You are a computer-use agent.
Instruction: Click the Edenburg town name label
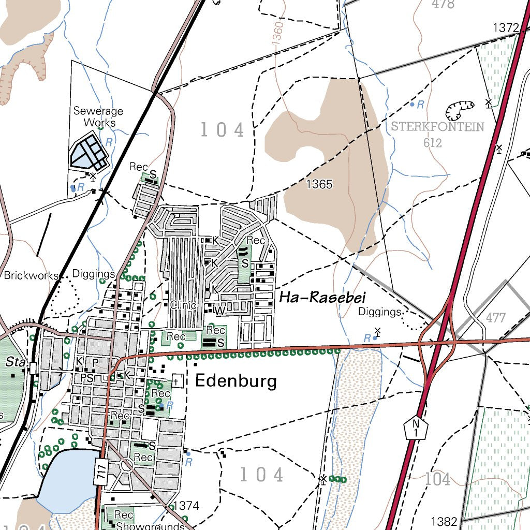[235, 382]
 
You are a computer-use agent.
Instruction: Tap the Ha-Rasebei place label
[322, 297]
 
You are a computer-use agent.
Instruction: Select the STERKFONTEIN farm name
[437, 127]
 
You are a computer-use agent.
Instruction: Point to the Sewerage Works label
[98, 117]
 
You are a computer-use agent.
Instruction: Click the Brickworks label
[31, 275]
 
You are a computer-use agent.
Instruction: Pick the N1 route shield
[416, 426]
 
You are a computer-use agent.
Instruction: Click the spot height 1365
[319, 184]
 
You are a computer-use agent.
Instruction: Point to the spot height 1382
[444, 521]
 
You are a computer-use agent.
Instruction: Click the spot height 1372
[506, 27]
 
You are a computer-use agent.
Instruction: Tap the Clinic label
[183, 305]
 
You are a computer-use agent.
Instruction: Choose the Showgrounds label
[150, 526]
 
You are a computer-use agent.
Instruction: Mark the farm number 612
[432, 143]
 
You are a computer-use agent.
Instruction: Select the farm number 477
[496, 317]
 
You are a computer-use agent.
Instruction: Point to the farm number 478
[443, 4]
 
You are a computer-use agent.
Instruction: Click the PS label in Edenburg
[87, 378]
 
